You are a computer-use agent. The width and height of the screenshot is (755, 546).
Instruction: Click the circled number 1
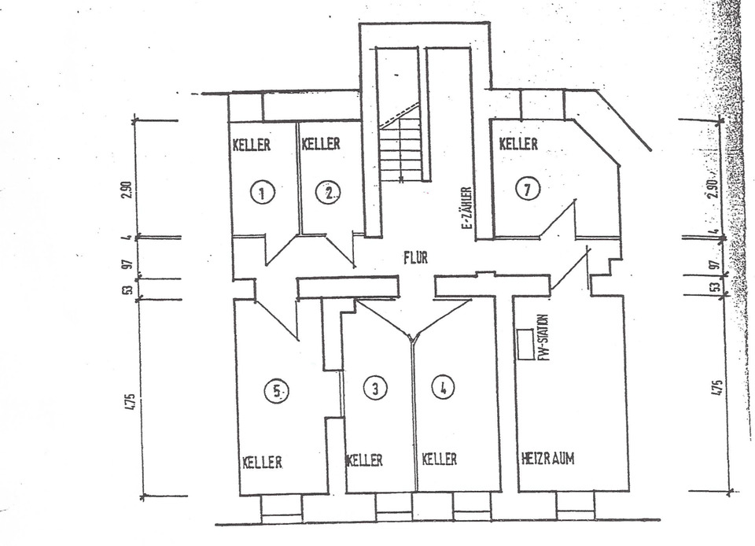coord(263,190)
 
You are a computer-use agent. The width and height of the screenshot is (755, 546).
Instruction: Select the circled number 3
coord(376,387)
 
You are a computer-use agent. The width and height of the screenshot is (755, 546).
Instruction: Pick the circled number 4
coord(444,387)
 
